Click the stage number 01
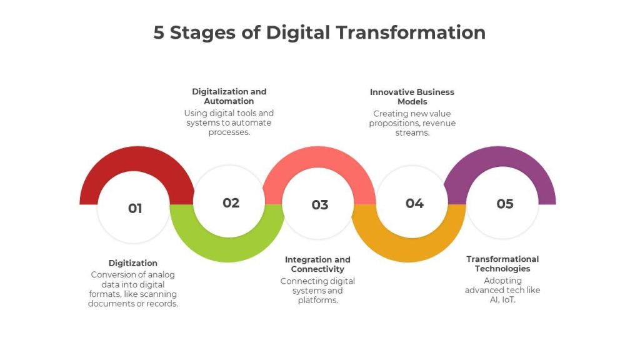tap(135, 208)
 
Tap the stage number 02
tap(231, 203)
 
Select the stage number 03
tap(320, 204)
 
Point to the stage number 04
tap(415, 203)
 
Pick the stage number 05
tap(505, 204)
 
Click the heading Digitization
tap(133, 263)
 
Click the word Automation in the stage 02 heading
tap(229, 101)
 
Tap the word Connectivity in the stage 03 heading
tap(317, 269)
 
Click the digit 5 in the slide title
tap(159, 32)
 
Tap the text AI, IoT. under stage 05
tap(502, 300)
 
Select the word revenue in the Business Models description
tap(439, 123)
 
